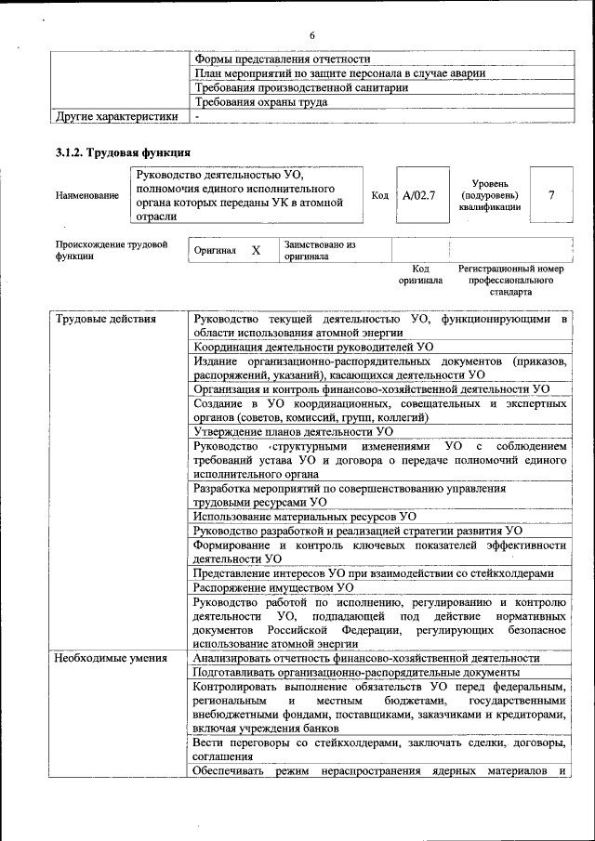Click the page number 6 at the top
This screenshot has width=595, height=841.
click(312, 35)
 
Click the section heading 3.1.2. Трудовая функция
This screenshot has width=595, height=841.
click(124, 151)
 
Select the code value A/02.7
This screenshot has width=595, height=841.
click(419, 195)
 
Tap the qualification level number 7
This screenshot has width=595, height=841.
click(552, 195)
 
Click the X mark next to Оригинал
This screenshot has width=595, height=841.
click(256, 251)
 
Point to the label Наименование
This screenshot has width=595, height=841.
click(87, 195)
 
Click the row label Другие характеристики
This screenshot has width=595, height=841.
click(116, 117)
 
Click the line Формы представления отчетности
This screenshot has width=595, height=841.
click(282, 59)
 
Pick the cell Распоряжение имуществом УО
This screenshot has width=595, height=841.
click(273, 587)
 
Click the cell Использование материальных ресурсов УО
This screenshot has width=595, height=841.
click(304, 515)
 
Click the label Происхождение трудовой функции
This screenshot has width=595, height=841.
click(111, 251)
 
